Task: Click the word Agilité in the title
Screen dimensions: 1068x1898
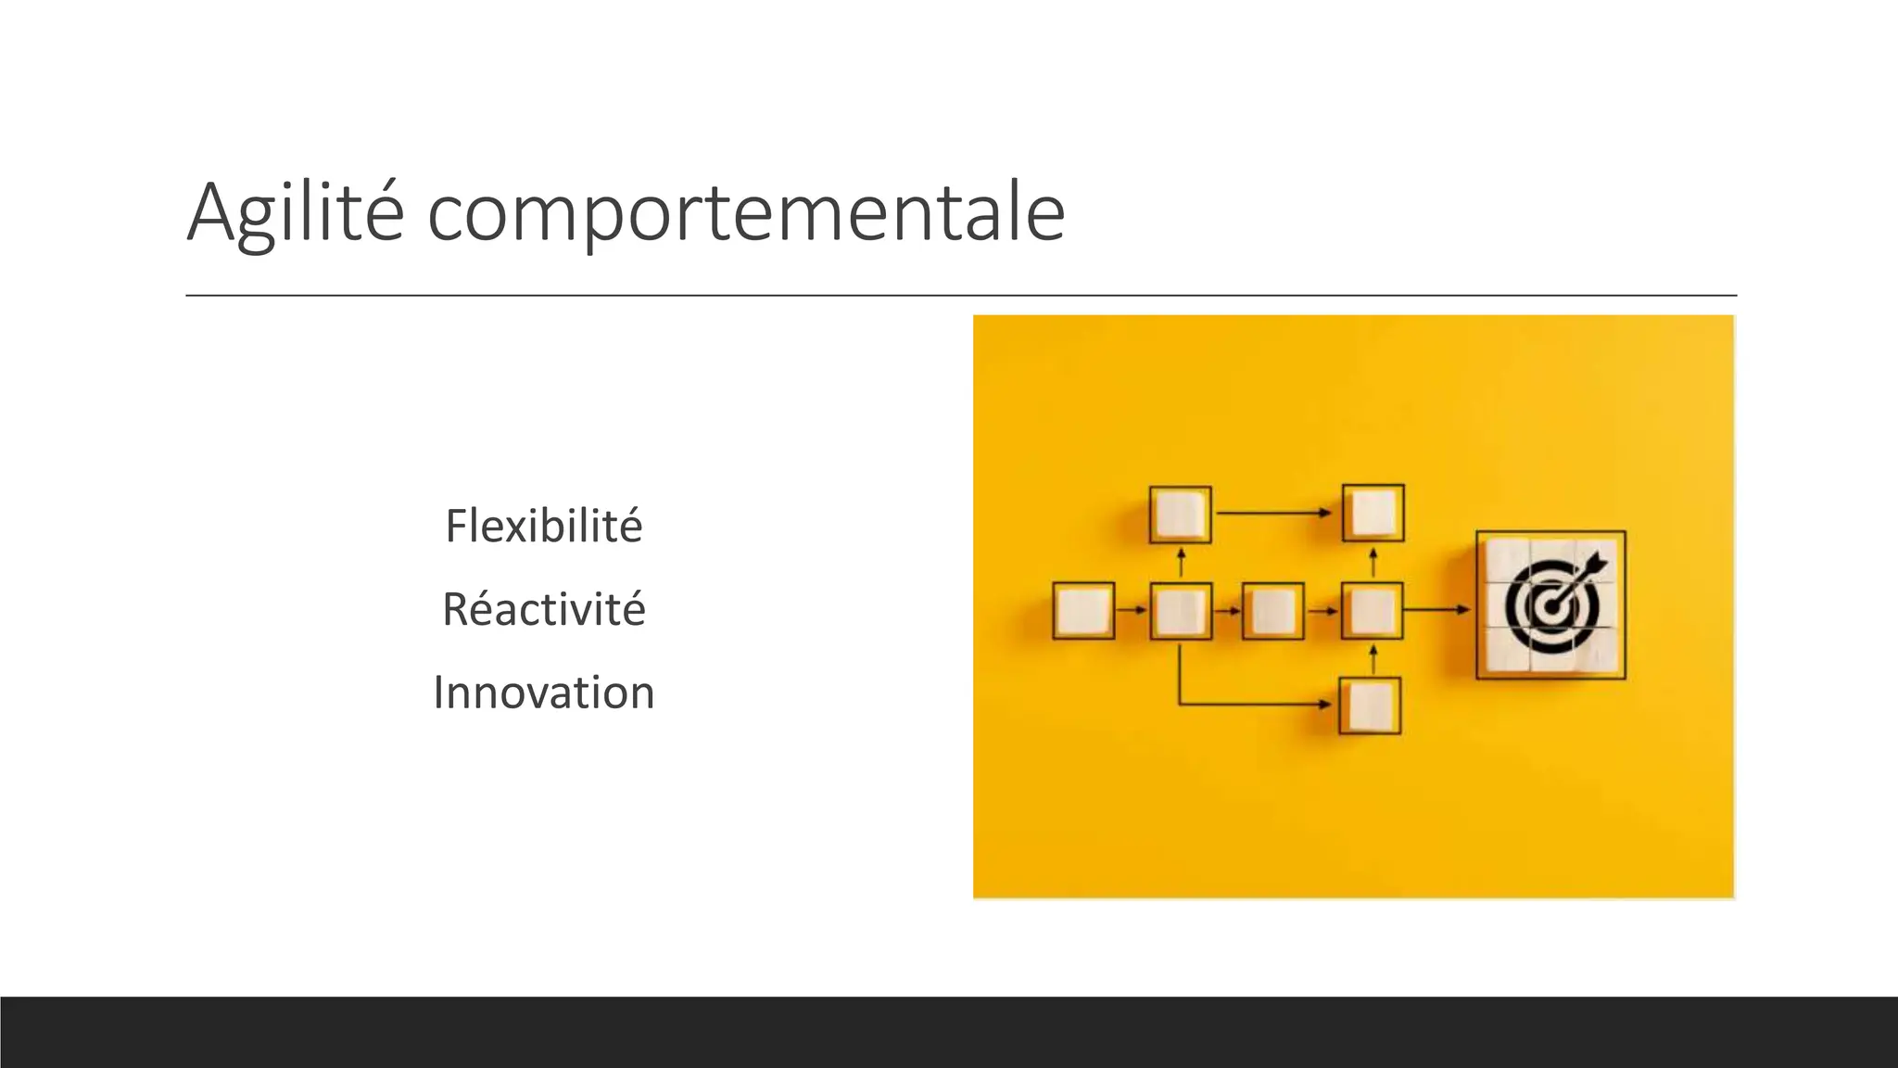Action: click(295, 213)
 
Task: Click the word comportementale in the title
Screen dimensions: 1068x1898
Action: click(746, 213)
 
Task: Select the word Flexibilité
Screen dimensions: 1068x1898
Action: click(543, 526)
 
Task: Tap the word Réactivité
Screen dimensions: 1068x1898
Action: click(543, 609)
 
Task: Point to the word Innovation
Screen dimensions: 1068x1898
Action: click(543, 693)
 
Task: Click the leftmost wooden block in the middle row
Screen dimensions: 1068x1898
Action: click(1083, 611)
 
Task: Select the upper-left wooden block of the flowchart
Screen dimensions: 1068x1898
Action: click(1180, 514)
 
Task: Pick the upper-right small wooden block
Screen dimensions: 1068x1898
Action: click(1373, 513)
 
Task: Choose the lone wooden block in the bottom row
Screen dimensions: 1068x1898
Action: click(1370, 706)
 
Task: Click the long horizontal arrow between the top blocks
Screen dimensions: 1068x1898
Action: click(1275, 513)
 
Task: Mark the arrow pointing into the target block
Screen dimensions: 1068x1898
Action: click(1437, 610)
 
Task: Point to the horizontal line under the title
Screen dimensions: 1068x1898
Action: click(960, 296)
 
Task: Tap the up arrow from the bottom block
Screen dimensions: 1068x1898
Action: click(1373, 659)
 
